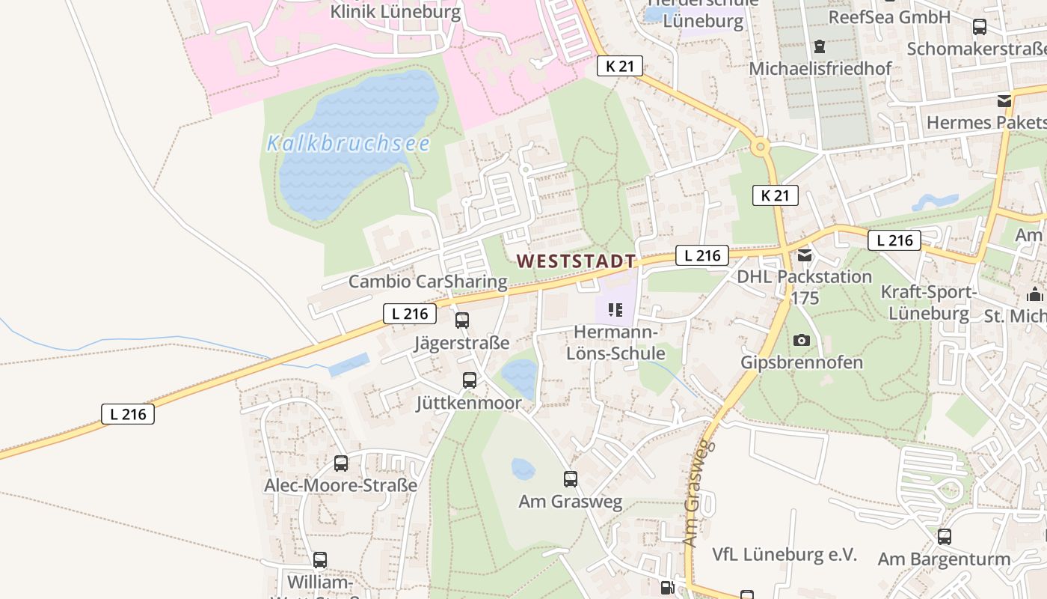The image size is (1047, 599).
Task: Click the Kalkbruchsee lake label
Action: (349, 143)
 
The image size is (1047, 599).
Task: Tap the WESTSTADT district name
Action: (576, 261)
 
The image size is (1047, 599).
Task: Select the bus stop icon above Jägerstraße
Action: (462, 320)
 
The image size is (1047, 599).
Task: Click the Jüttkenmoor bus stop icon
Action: (470, 380)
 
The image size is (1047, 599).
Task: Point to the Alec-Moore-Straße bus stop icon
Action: (341, 463)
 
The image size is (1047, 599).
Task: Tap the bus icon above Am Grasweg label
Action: (571, 478)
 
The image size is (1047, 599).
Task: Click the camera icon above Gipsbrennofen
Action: (802, 340)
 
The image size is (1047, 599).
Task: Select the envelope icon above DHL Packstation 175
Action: (805, 255)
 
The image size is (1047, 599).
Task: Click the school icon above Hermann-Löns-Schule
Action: (615, 309)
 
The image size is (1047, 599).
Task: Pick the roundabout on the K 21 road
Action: (761, 147)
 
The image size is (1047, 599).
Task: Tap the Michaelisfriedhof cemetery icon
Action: (820, 46)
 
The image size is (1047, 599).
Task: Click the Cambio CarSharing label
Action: (428, 282)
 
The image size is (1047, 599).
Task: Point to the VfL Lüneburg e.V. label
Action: (784, 555)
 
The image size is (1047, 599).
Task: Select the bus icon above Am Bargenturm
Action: (945, 536)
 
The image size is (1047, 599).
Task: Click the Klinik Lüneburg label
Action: (396, 12)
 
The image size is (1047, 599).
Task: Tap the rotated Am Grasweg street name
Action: (696, 493)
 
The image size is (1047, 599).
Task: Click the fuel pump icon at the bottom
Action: (666, 588)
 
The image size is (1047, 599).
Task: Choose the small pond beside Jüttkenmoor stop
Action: (520, 377)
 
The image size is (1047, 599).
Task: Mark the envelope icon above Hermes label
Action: (1004, 100)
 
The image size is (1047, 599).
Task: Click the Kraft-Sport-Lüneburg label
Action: (929, 302)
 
